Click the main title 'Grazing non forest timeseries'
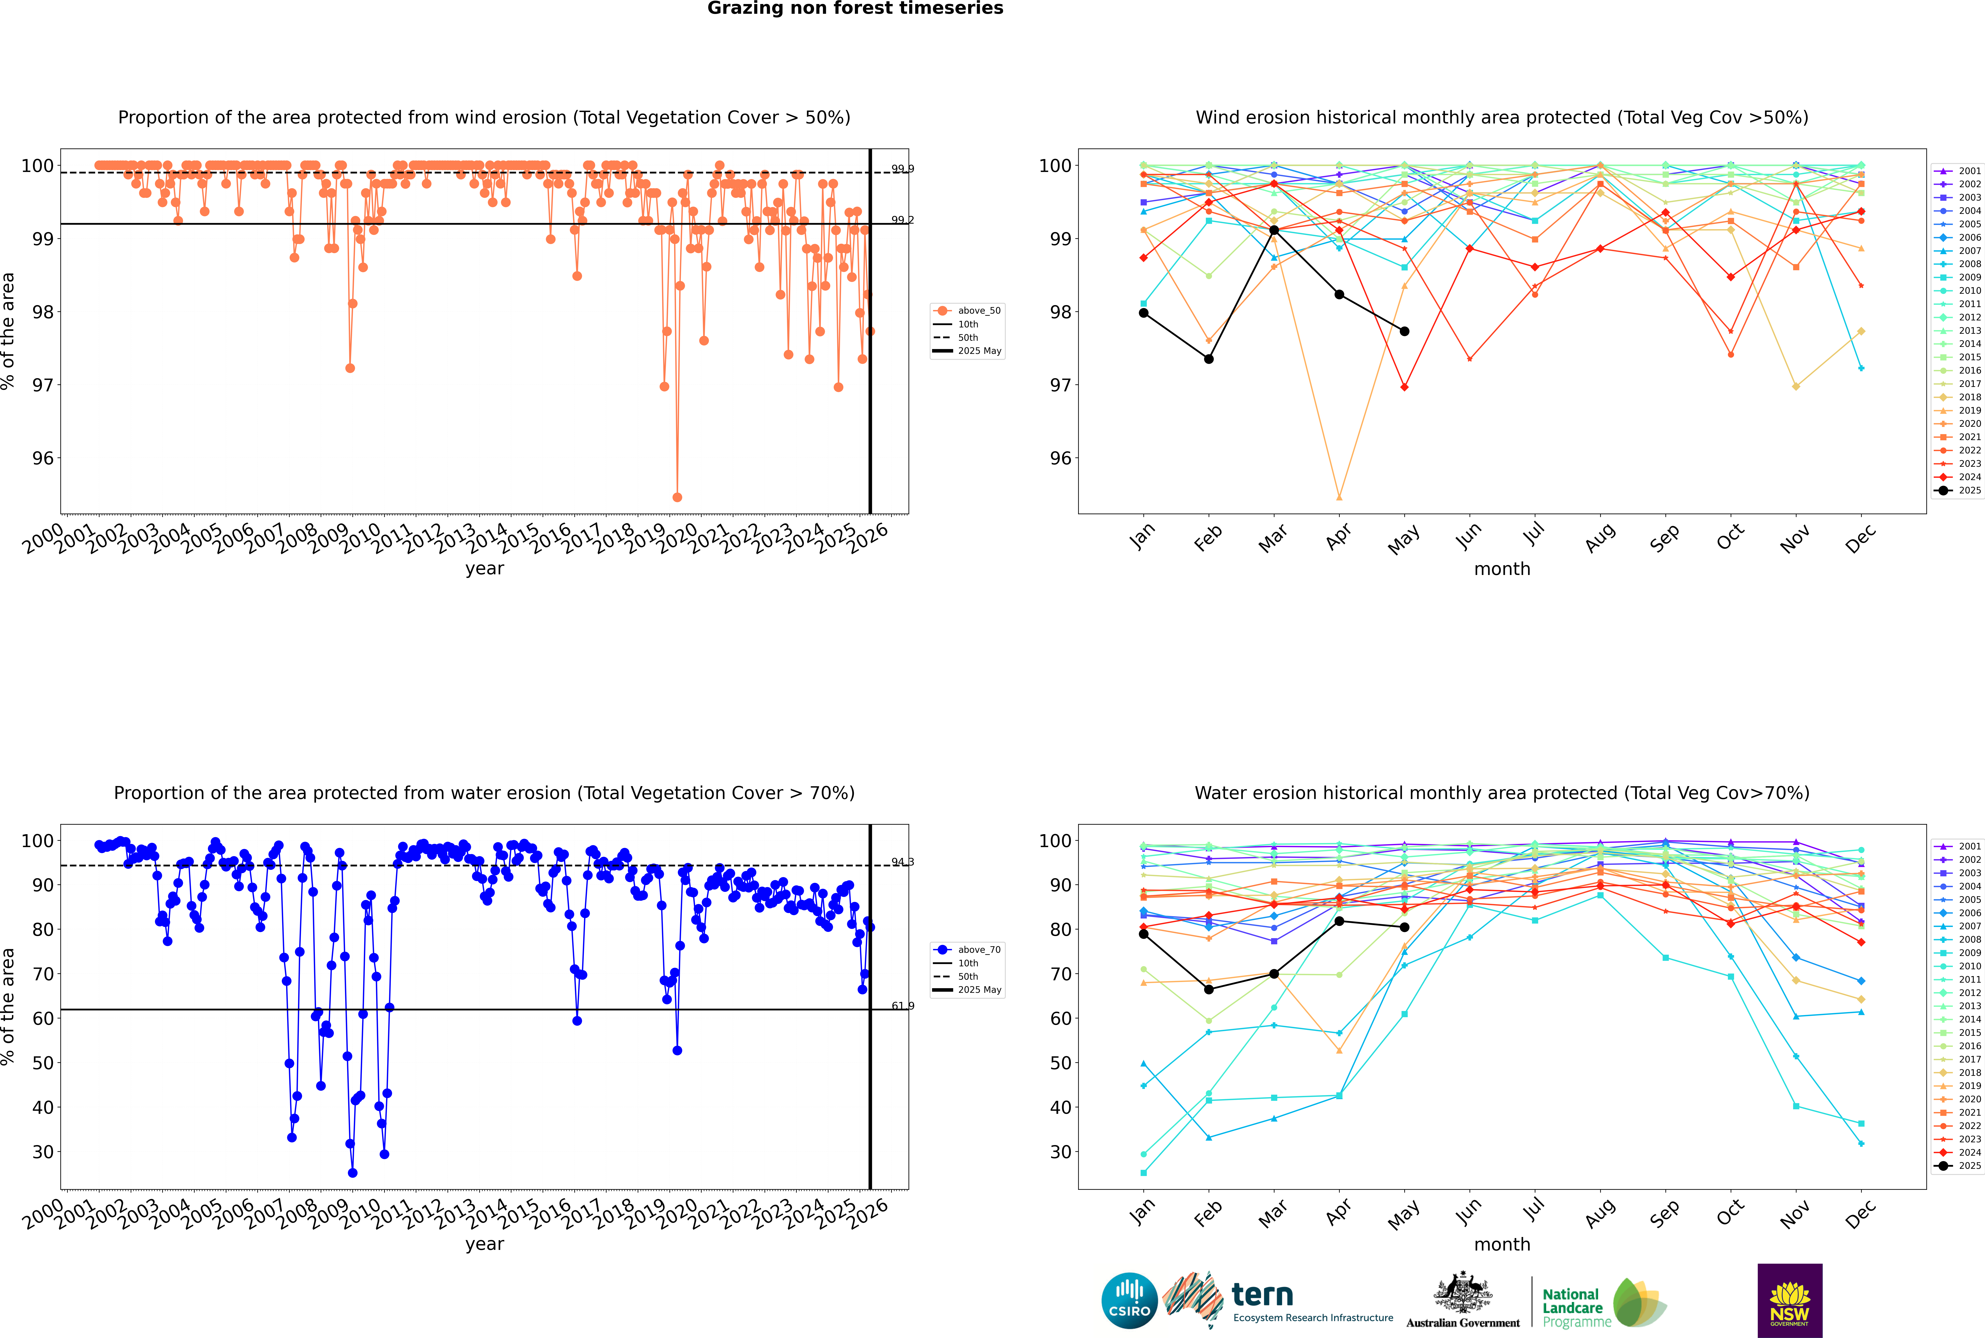pos(855,8)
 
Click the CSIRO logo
pos(1129,1301)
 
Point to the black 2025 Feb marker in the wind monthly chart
pos(1208,359)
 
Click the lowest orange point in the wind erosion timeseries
pos(677,497)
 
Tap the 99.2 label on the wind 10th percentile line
pos(902,220)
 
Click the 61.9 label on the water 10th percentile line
pos(902,1006)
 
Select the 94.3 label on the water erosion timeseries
pos(902,862)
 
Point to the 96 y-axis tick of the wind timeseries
pos(43,458)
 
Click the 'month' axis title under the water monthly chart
pos(1502,1244)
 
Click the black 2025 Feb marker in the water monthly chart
pos(1208,990)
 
